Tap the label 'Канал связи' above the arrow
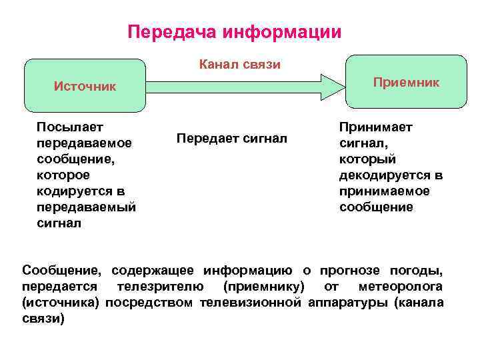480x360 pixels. pos(240,65)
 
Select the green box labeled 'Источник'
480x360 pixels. pos(85,86)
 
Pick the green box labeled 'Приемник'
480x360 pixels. pos(406,82)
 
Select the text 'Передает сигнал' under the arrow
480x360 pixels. pos(231,138)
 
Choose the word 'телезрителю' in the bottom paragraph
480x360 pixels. pos(157,287)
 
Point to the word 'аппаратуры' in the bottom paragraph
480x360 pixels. pos(348,303)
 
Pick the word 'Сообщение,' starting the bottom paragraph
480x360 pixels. pos(62,271)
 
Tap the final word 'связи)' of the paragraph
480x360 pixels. pos(43,319)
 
